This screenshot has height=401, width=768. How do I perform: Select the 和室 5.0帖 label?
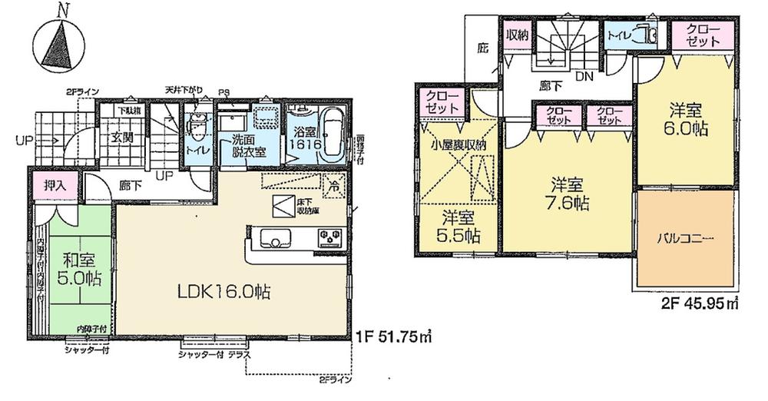click(x=79, y=267)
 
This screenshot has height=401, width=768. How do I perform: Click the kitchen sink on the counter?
click(x=272, y=237)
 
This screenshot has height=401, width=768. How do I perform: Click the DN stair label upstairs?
click(x=584, y=76)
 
